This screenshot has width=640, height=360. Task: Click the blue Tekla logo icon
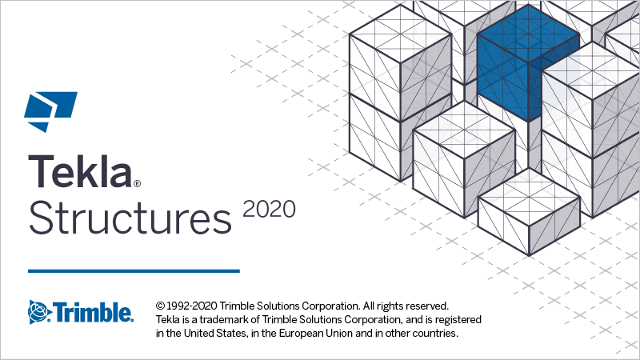click(x=50, y=112)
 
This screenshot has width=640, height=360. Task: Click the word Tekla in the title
click(x=79, y=170)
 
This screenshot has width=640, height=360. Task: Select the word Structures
click(x=128, y=215)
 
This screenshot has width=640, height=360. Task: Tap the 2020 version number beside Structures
click(x=269, y=209)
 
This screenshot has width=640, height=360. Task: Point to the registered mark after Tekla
click(x=137, y=183)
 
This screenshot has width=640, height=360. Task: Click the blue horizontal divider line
click(x=134, y=271)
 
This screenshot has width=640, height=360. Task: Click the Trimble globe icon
click(x=39, y=311)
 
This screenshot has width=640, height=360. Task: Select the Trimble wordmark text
click(x=94, y=311)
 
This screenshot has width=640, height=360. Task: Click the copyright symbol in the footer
click(x=160, y=306)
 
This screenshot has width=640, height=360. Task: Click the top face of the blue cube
click(x=528, y=36)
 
